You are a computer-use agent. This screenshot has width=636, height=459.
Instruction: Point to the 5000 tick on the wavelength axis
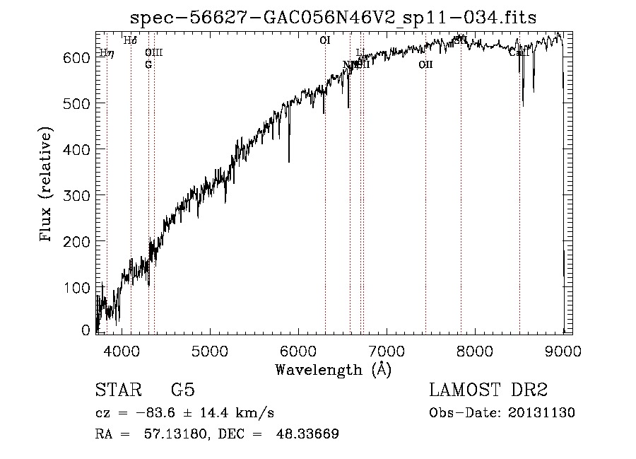tap(210, 349)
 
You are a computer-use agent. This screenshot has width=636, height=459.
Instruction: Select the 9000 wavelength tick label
tap(563, 349)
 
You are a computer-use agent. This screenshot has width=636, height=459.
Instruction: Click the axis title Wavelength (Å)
tap(333, 369)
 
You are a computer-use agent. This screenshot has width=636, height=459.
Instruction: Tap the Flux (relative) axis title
tap(47, 185)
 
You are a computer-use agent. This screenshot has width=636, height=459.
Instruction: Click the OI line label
tap(325, 41)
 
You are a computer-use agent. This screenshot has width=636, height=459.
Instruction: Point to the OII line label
tap(425, 65)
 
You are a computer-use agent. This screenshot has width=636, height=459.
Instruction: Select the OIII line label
tap(153, 52)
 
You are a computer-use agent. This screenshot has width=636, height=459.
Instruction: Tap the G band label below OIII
tap(148, 65)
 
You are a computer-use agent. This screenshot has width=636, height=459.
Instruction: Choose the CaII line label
tap(519, 52)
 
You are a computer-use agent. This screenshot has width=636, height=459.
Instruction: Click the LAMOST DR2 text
tap(488, 390)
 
